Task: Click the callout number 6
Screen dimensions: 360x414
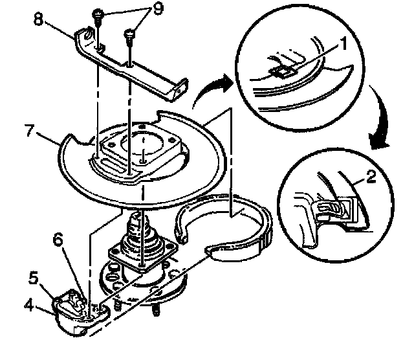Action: click(58, 240)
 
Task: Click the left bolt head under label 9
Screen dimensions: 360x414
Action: click(97, 14)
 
